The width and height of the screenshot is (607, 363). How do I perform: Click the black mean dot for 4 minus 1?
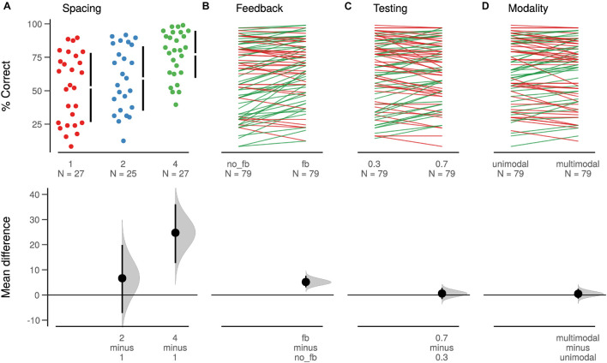click(176, 233)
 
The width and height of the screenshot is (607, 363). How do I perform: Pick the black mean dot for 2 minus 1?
click(122, 278)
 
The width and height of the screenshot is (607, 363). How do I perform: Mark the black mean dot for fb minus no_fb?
click(306, 282)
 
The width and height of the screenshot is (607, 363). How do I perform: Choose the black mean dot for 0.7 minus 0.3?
click(442, 294)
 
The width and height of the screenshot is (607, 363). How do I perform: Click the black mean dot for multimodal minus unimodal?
click(578, 294)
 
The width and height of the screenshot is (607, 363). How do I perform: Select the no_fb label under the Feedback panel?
click(237, 162)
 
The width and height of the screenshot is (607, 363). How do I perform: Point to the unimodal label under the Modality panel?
click(511, 162)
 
